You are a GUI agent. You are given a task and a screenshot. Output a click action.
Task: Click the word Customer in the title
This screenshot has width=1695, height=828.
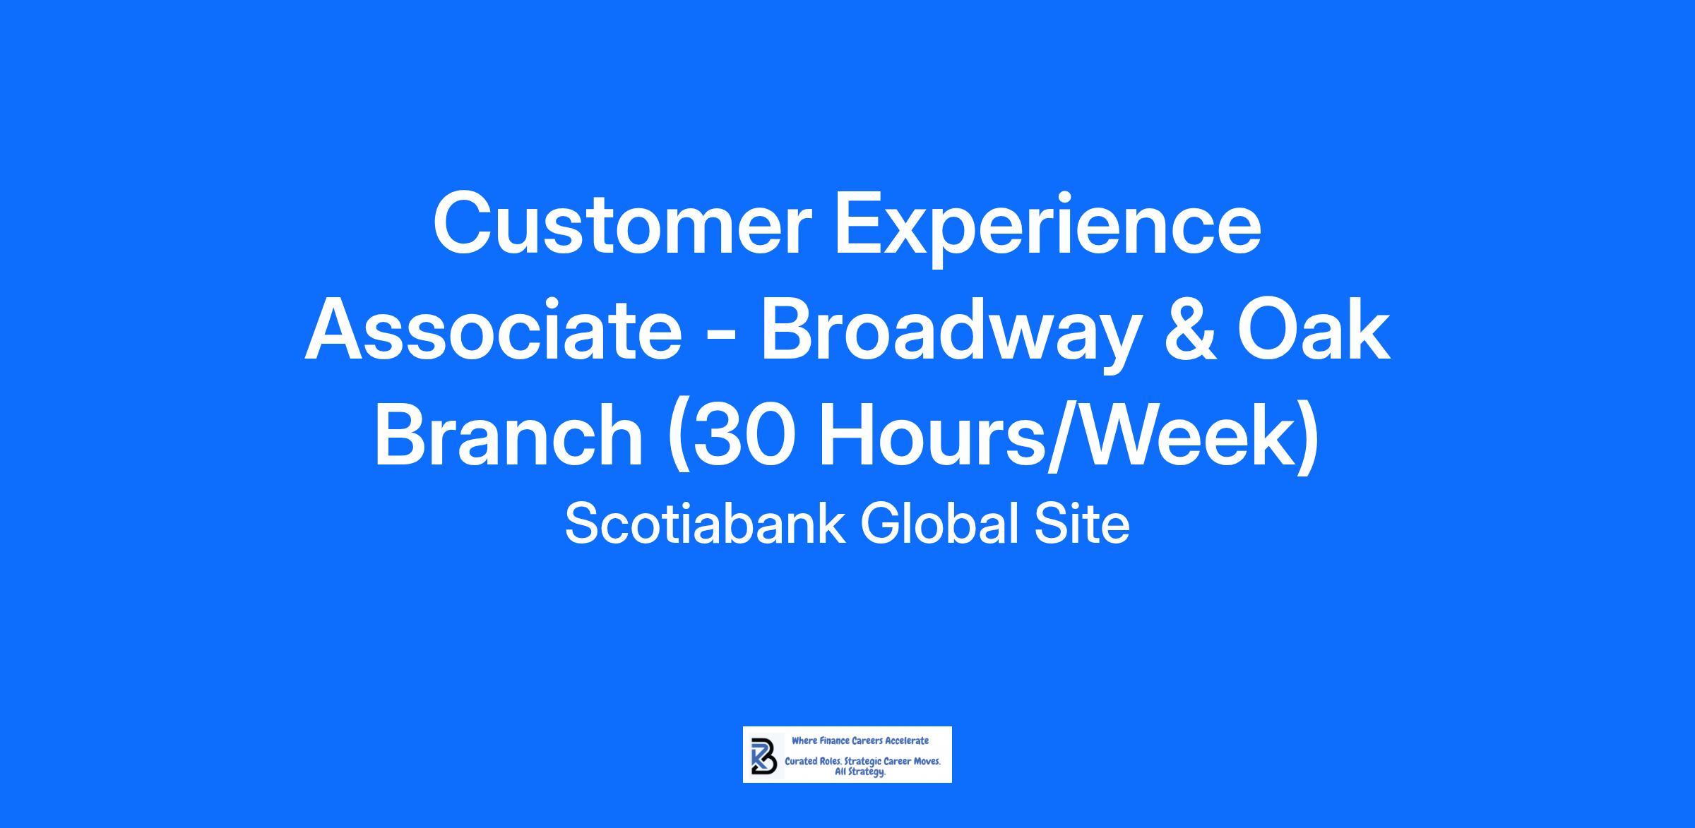pos(619,222)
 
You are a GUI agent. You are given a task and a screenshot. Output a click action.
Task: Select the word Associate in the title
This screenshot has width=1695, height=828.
pos(493,330)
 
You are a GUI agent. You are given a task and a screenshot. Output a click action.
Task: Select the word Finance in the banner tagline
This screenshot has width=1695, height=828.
pos(834,741)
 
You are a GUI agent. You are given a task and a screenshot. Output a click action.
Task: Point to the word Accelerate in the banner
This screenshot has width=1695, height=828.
pos(908,741)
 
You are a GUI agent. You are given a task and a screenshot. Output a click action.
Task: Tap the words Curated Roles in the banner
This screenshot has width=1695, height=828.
pos(813,762)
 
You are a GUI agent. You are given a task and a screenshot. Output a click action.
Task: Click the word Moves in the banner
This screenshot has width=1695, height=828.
pos(926,762)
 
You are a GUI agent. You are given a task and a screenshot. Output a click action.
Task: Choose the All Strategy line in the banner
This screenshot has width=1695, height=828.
pos(860,772)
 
